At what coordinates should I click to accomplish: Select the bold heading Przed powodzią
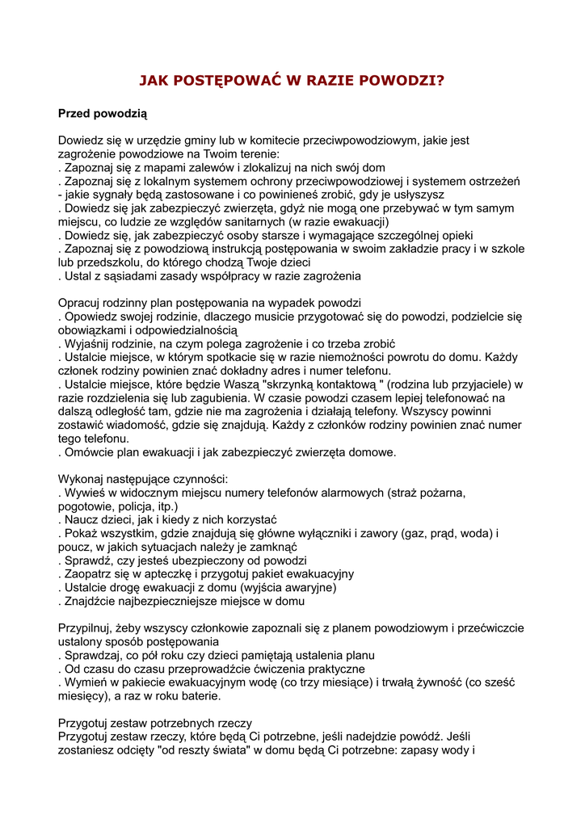click(103, 115)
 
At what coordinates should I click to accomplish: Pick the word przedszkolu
click(112, 262)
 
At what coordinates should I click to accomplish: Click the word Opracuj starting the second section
click(82, 303)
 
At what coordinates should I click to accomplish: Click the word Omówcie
click(90, 452)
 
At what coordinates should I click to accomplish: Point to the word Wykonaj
click(83, 479)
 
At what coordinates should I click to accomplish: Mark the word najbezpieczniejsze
click(171, 601)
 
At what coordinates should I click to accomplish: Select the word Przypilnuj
click(86, 628)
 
